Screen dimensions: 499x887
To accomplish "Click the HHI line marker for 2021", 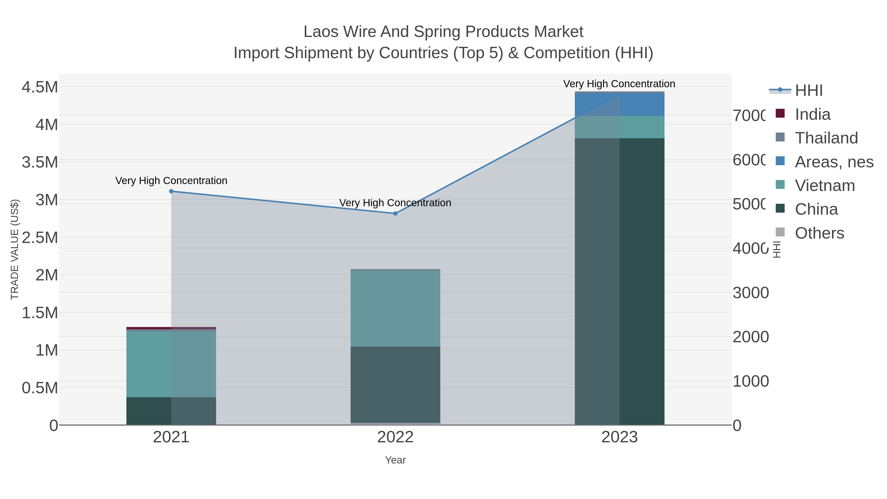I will pos(171,191).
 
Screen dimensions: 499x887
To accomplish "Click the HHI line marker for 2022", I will pos(395,213).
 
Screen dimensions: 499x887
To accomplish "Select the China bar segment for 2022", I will pos(395,384).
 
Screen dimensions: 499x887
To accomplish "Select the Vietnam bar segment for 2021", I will pos(171,364).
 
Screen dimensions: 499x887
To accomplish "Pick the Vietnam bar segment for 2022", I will pos(395,308).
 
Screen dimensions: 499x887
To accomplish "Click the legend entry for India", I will pos(812,114).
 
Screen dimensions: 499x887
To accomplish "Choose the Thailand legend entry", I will pos(826,138).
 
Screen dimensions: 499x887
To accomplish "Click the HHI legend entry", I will pos(808,91).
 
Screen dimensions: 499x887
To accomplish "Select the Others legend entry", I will pos(819,233).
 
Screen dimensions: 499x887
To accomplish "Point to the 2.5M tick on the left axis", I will pos(40,238).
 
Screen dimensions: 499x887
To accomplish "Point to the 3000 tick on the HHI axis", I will pos(751,293).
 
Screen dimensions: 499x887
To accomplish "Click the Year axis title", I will pos(395,460).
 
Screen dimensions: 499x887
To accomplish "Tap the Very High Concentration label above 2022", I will pos(395,203).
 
